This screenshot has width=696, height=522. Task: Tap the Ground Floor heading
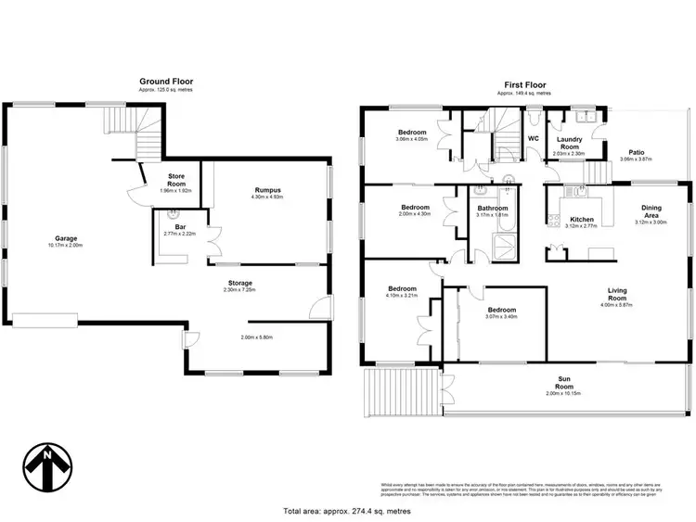(x=168, y=81)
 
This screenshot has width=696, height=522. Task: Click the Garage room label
(x=65, y=239)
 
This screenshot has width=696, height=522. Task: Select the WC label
(x=533, y=138)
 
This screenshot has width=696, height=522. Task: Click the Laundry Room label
(x=569, y=144)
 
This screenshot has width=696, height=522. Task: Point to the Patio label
(x=637, y=151)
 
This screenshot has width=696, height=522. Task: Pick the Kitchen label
(x=581, y=220)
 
